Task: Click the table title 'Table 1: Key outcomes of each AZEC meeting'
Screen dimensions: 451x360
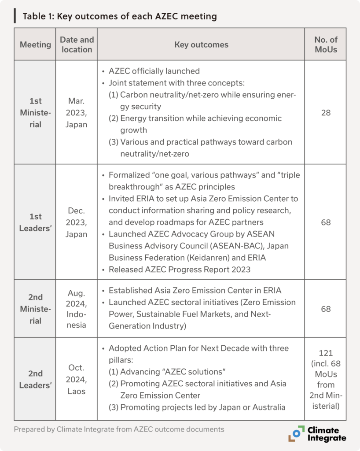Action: (120, 17)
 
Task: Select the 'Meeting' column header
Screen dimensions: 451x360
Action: (35, 44)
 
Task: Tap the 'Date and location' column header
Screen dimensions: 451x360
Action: (77, 44)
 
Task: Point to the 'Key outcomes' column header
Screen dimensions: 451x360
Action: (201, 44)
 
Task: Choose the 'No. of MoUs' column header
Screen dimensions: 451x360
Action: (326, 44)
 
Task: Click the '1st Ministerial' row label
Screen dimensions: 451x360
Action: (35, 113)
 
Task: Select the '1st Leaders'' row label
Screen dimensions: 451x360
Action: (35, 222)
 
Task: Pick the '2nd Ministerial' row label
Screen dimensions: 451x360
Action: (35, 309)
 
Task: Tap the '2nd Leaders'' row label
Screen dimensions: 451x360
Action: (35, 379)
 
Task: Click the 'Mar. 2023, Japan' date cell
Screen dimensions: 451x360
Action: (77, 113)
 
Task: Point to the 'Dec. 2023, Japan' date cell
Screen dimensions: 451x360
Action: (77, 222)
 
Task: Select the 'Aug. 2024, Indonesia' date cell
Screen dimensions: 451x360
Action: (77, 309)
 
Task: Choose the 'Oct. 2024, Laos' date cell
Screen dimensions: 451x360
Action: (77, 379)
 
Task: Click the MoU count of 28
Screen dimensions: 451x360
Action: (326, 113)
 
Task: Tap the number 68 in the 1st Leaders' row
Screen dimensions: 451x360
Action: (326, 222)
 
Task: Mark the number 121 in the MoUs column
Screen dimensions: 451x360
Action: (326, 353)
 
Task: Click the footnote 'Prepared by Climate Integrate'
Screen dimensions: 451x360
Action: (119, 429)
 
